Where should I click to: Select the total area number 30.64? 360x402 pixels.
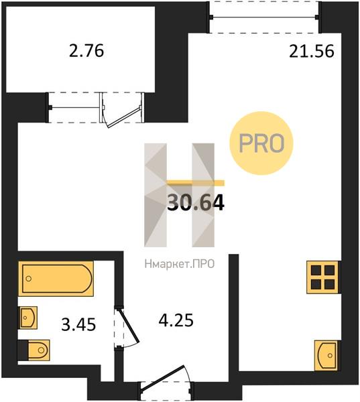click(x=195, y=202)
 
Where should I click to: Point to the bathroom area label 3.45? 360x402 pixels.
click(x=78, y=326)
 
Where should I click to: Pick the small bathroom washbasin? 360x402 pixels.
click(x=27, y=317)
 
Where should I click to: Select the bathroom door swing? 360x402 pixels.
click(x=126, y=328)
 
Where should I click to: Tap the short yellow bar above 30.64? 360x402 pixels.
click(x=196, y=182)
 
